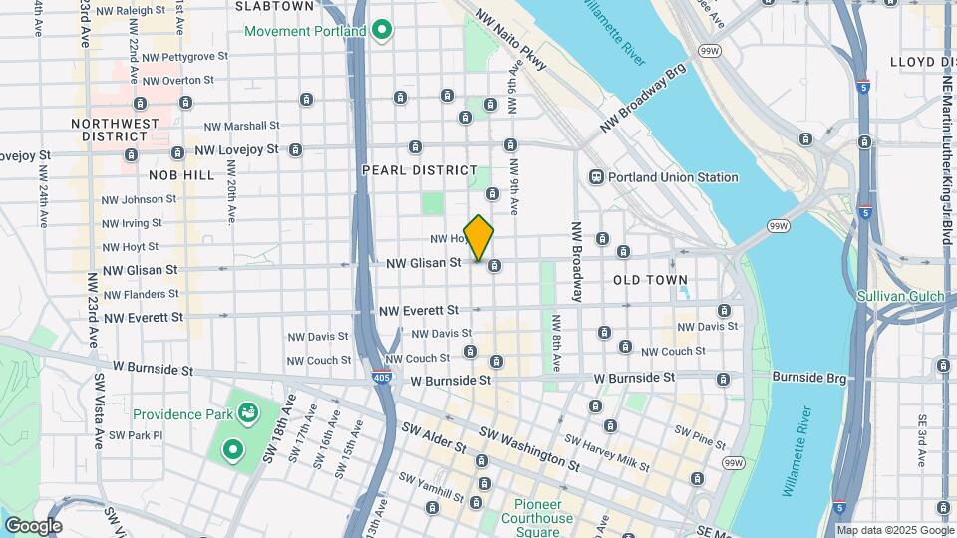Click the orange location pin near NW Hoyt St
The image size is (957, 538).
point(478,237)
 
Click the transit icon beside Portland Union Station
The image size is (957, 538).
point(596,177)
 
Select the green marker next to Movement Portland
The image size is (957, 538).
point(381,30)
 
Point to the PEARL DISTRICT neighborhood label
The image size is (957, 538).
point(419,170)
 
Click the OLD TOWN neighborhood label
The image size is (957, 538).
point(650,280)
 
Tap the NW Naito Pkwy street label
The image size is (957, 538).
point(510,40)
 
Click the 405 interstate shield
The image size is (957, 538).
point(397,380)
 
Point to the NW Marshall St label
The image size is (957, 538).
point(241,127)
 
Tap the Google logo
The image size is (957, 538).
point(32,526)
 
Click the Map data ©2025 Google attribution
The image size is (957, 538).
point(893,530)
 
